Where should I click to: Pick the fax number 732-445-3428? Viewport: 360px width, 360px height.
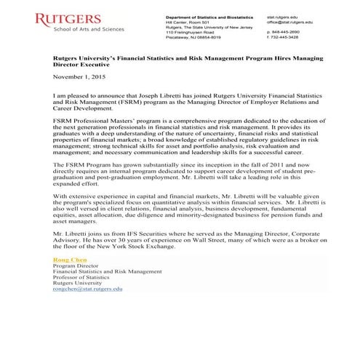[287, 39]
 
